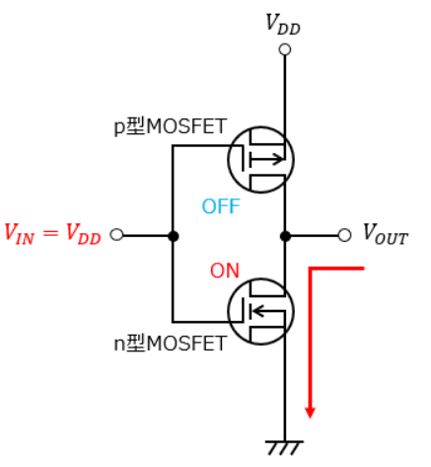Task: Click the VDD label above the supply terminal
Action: click(283, 25)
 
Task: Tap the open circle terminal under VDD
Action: click(285, 49)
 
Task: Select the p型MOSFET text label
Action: click(170, 126)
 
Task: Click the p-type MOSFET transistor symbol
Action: click(260, 160)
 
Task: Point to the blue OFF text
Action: click(221, 206)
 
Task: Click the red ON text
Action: click(225, 271)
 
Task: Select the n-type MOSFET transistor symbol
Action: click(260, 311)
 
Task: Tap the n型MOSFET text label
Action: click(170, 344)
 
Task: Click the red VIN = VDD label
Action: click(52, 234)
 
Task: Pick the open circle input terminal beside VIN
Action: click(116, 235)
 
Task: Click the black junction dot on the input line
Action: click(173, 236)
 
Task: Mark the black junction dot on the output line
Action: click(285, 236)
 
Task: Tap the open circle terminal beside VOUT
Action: click(344, 235)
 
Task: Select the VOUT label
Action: click(386, 234)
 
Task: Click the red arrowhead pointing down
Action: click(310, 413)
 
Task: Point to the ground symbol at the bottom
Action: click(284, 447)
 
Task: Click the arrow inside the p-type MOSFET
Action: click(266, 160)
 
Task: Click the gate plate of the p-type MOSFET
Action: click(243, 159)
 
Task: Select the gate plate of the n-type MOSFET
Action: click(243, 310)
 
